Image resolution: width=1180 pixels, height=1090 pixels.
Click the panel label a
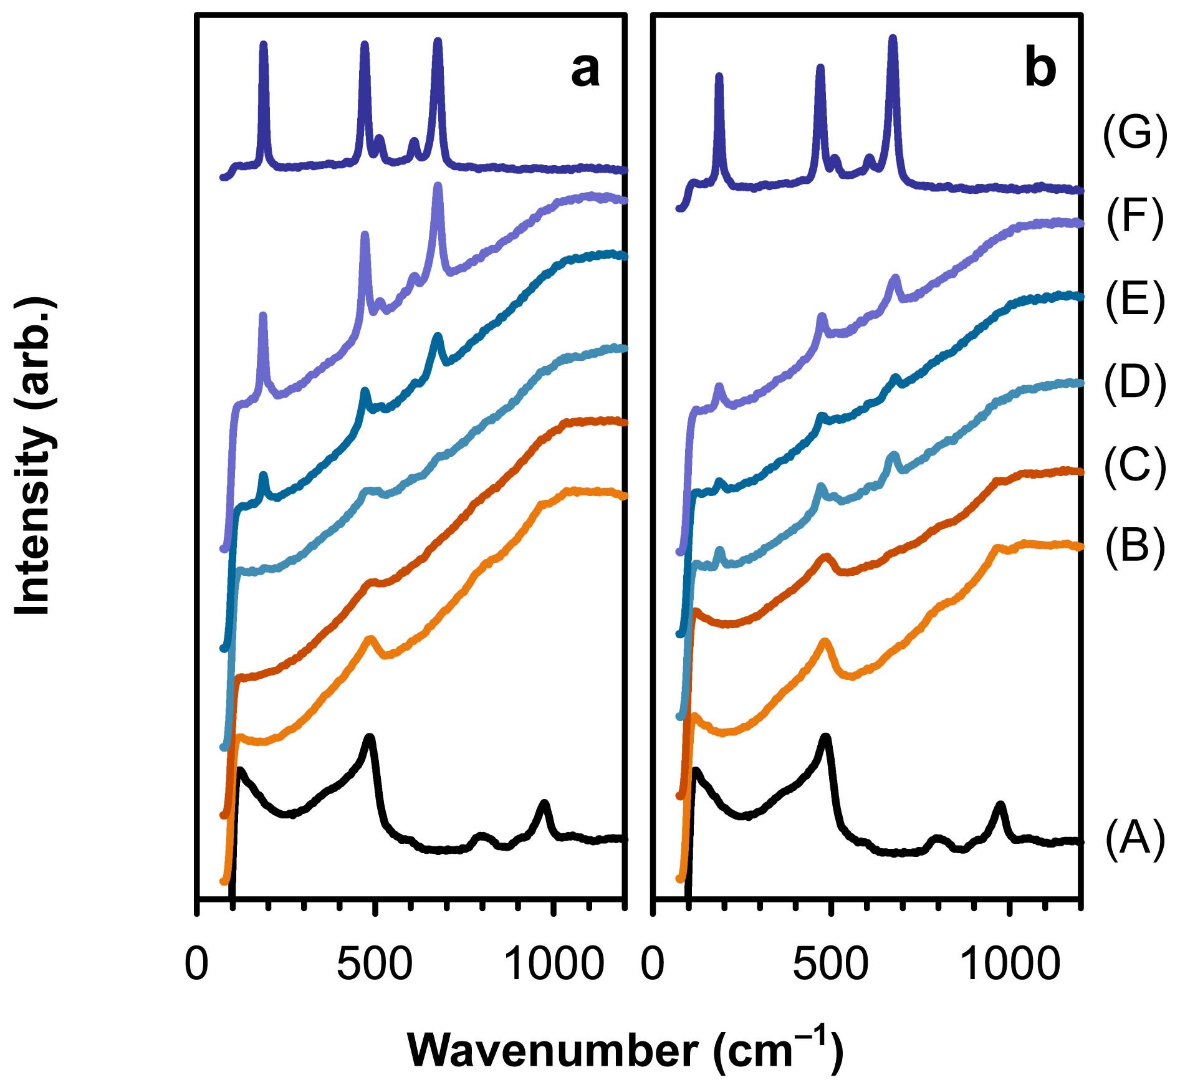[x=585, y=70]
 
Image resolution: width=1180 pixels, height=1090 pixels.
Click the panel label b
[x=1040, y=70]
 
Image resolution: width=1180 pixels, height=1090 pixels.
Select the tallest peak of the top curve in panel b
[x=893, y=39]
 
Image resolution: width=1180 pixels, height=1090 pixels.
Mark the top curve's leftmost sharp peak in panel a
[x=263, y=45]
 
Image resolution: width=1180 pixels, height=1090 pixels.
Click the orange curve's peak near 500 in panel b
[x=826, y=641]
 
